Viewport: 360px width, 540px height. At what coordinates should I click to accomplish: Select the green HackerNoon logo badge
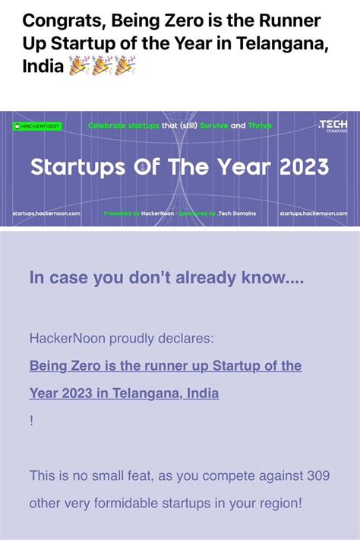[x=38, y=125]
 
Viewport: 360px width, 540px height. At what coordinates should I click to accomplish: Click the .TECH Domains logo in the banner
[x=333, y=125]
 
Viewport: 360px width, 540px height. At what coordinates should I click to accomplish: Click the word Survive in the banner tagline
[x=213, y=125]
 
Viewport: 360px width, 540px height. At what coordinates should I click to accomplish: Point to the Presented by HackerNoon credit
[x=138, y=213]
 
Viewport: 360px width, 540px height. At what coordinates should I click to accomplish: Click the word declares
[x=190, y=336]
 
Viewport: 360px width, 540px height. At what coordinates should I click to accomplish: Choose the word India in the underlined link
[x=199, y=393]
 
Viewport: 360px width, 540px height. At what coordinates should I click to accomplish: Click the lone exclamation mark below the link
[x=32, y=420]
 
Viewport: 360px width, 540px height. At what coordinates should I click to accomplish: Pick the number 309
[x=317, y=475]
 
